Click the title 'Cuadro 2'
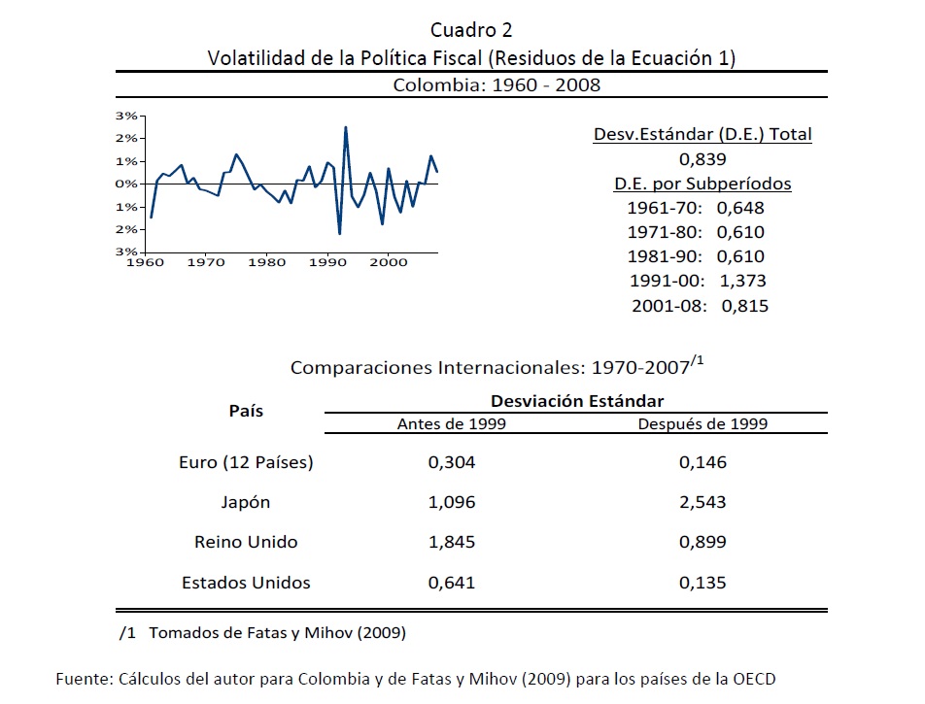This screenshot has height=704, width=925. [x=471, y=30]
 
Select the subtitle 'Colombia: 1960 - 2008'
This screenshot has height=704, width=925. [x=497, y=84]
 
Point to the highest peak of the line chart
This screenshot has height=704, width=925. [x=346, y=127]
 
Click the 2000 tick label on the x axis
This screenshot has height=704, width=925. [x=389, y=261]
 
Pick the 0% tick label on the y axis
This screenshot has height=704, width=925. [x=126, y=184]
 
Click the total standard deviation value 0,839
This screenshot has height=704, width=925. [x=702, y=159]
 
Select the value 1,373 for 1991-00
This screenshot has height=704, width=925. [x=741, y=281]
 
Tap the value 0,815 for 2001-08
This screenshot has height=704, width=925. [x=744, y=306]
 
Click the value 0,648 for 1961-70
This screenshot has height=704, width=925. [x=740, y=208]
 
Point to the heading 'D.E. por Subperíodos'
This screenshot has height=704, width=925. [x=702, y=184]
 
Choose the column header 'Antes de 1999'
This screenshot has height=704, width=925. [x=452, y=423]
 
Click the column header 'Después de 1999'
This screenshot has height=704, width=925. [x=702, y=423]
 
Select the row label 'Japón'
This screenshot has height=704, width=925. [x=246, y=502]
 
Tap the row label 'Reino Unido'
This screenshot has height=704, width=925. [x=246, y=542]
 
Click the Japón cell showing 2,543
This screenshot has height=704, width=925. [x=702, y=502]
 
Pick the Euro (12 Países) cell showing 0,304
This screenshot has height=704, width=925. [x=452, y=462]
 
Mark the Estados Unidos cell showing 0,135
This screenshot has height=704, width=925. [x=702, y=583]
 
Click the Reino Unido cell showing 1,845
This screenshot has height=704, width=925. [x=452, y=542]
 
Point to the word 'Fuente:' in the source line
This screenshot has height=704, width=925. [x=85, y=678]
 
